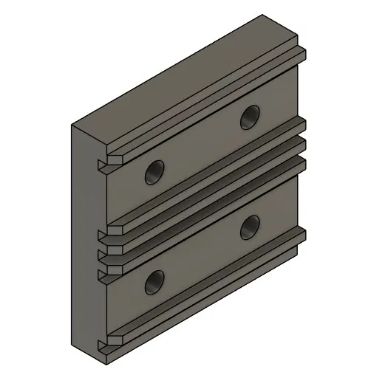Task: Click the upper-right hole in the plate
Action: point(250,114)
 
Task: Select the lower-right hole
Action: point(250,227)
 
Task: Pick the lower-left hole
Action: point(154,281)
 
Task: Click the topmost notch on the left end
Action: point(103,162)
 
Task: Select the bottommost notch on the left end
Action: point(103,342)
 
